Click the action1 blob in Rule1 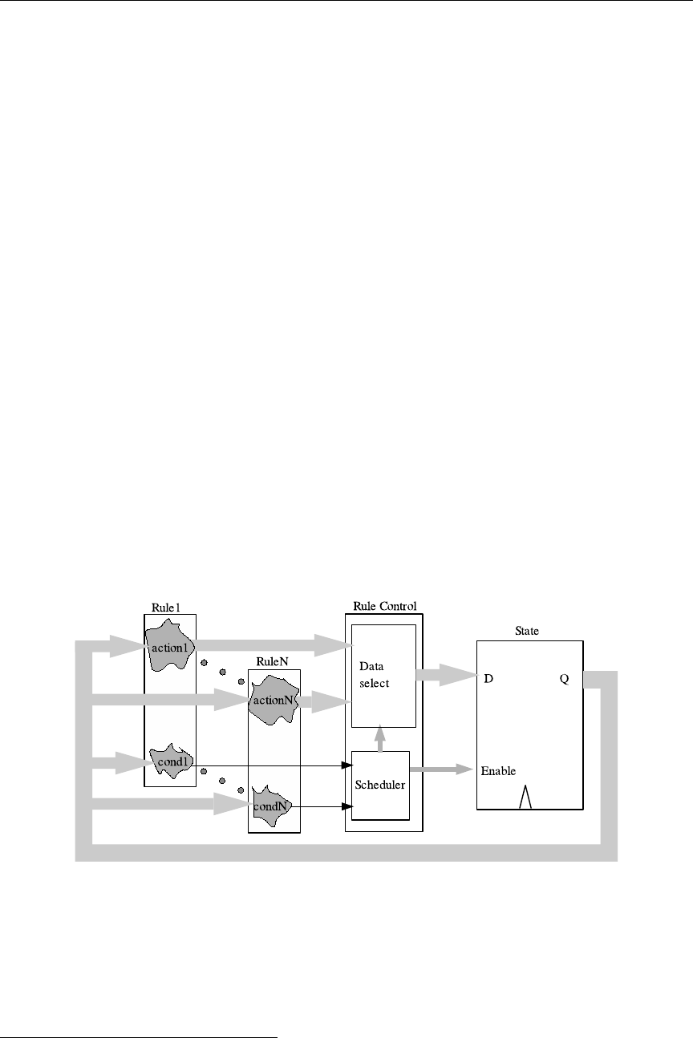coord(168,645)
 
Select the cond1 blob coord(170,761)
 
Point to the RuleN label coord(267,661)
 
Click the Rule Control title coord(385,606)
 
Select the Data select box coord(383,675)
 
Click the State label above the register coord(527,631)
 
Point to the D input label coord(488,678)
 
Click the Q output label coord(564,678)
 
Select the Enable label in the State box coord(498,771)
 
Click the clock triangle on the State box coord(525,797)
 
